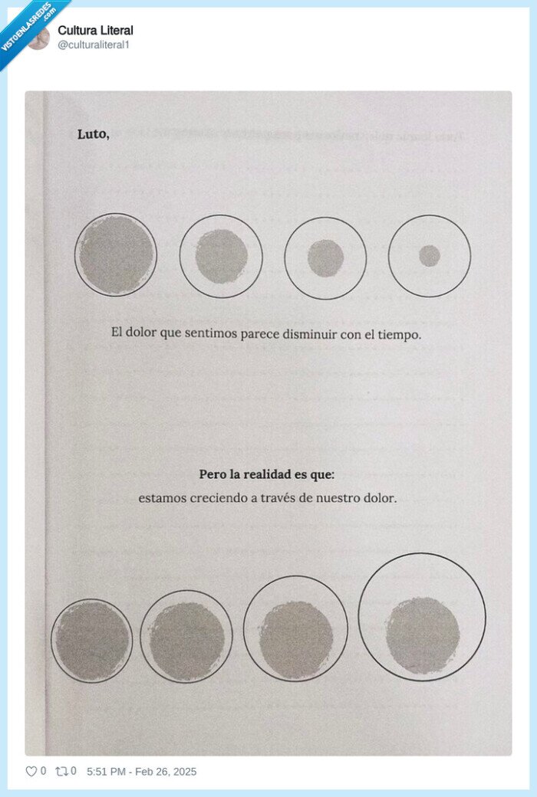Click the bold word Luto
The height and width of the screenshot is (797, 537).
point(93,134)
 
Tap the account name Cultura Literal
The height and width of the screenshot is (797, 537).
point(96,31)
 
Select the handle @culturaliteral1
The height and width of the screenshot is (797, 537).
point(94,44)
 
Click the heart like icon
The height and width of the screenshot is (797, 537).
point(31,772)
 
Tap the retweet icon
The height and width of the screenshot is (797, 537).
point(61,772)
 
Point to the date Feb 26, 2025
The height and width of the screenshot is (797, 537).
point(166,772)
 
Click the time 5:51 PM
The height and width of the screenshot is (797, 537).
point(106,772)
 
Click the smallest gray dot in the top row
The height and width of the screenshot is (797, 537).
point(430,256)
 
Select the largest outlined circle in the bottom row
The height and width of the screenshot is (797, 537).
point(422,553)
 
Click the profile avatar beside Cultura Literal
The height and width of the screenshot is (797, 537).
point(38,38)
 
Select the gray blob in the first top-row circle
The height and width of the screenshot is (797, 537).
point(116,254)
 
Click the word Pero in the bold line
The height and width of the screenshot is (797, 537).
point(210,474)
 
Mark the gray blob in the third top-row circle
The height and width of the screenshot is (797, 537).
point(326,258)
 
